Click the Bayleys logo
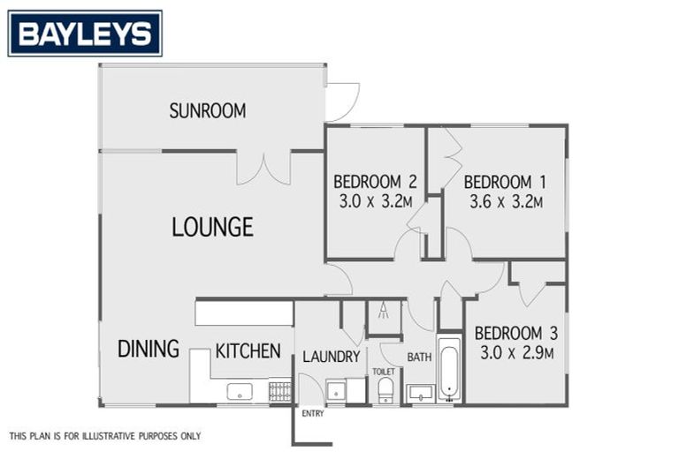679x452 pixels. click(85, 34)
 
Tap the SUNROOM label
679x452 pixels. click(208, 111)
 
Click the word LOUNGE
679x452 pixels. click(212, 227)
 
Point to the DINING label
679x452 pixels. click(149, 349)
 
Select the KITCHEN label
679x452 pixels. click(248, 350)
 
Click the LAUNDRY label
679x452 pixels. click(331, 358)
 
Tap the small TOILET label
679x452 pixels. click(384, 372)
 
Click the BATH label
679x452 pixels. click(419, 358)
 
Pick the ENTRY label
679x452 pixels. click(312, 413)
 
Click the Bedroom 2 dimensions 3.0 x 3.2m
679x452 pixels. click(375, 201)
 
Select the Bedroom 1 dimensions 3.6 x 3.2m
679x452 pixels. click(506, 201)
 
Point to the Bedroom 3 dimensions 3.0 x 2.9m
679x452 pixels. click(515, 353)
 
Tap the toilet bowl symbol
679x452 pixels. click(385, 390)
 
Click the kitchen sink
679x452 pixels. click(240, 390)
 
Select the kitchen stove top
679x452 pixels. click(279, 390)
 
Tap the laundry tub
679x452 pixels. click(336, 390)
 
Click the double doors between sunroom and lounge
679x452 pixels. click(263, 168)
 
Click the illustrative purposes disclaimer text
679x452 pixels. click(105, 436)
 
